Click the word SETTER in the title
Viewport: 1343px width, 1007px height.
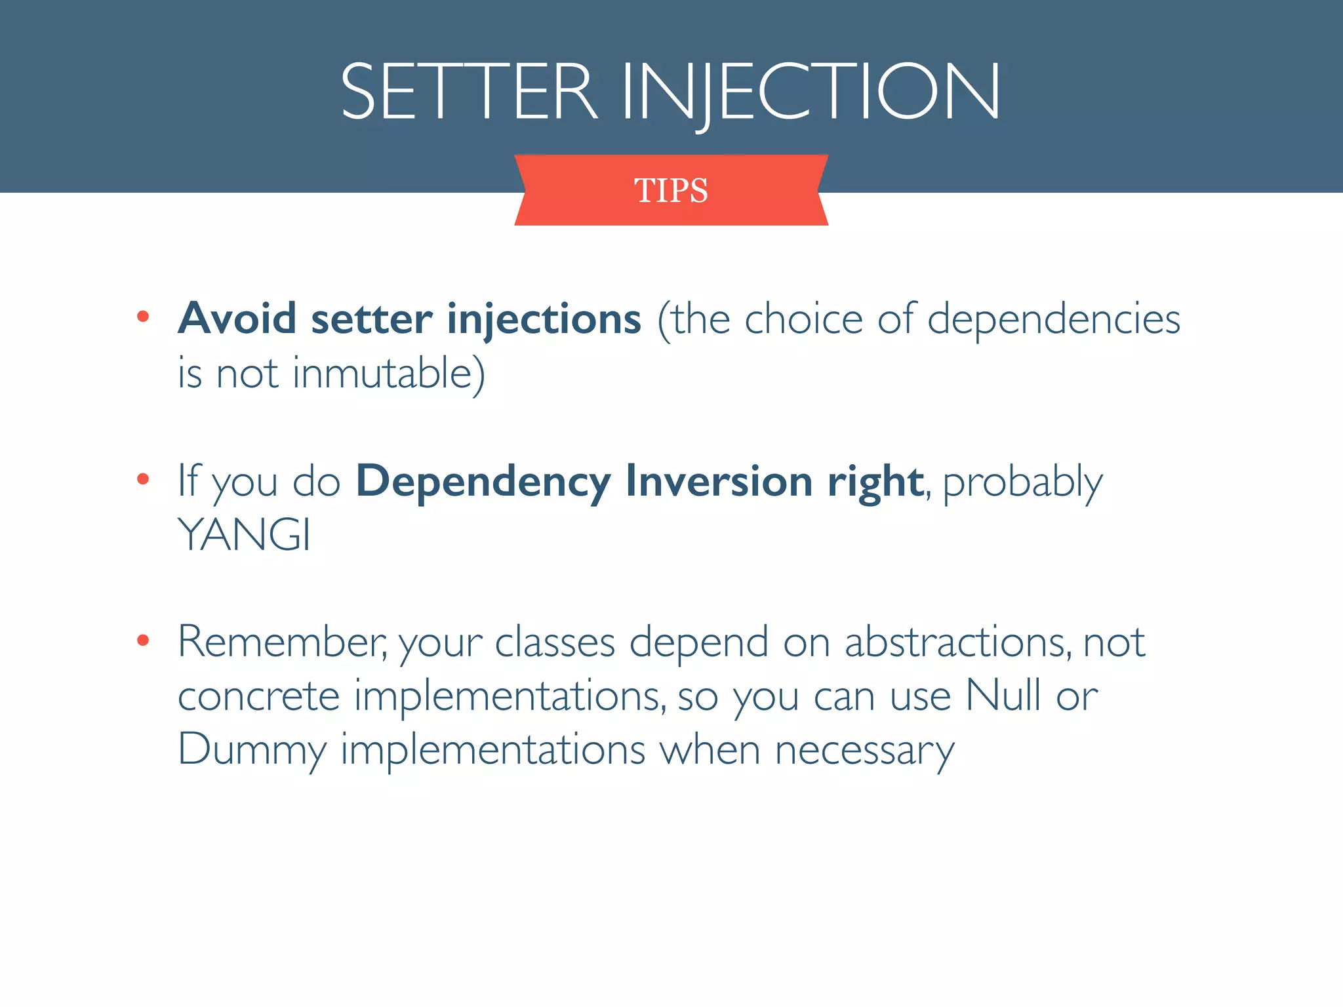pos(468,92)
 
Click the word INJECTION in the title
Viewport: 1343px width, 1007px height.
pos(811,92)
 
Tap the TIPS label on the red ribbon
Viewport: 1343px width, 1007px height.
pos(671,191)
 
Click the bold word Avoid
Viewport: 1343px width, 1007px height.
pos(237,319)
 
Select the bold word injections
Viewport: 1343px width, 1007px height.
pos(544,320)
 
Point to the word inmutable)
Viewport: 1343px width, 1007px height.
pos(388,374)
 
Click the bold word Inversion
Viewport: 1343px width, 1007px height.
pos(719,481)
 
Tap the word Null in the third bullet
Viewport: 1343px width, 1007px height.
pos(1003,695)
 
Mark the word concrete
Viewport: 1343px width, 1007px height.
pos(258,696)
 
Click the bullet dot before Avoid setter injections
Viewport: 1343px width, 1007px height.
pos(143,317)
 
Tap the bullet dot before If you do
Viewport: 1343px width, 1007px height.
pos(143,479)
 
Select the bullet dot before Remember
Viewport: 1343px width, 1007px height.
pos(143,640)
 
